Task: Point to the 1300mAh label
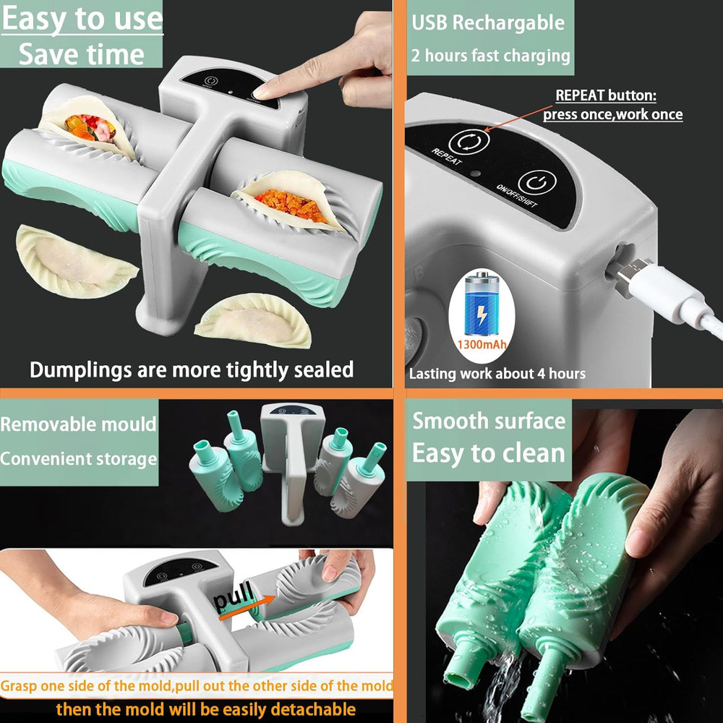482,344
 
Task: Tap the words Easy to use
82,20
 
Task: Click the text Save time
81,55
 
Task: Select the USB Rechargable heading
488,22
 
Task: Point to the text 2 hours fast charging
491,56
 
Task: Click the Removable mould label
78,424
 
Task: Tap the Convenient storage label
78,459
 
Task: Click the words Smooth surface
489,421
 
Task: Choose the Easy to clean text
489,454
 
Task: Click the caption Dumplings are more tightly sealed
192,370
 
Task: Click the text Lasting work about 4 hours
497,374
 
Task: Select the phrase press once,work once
612,114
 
